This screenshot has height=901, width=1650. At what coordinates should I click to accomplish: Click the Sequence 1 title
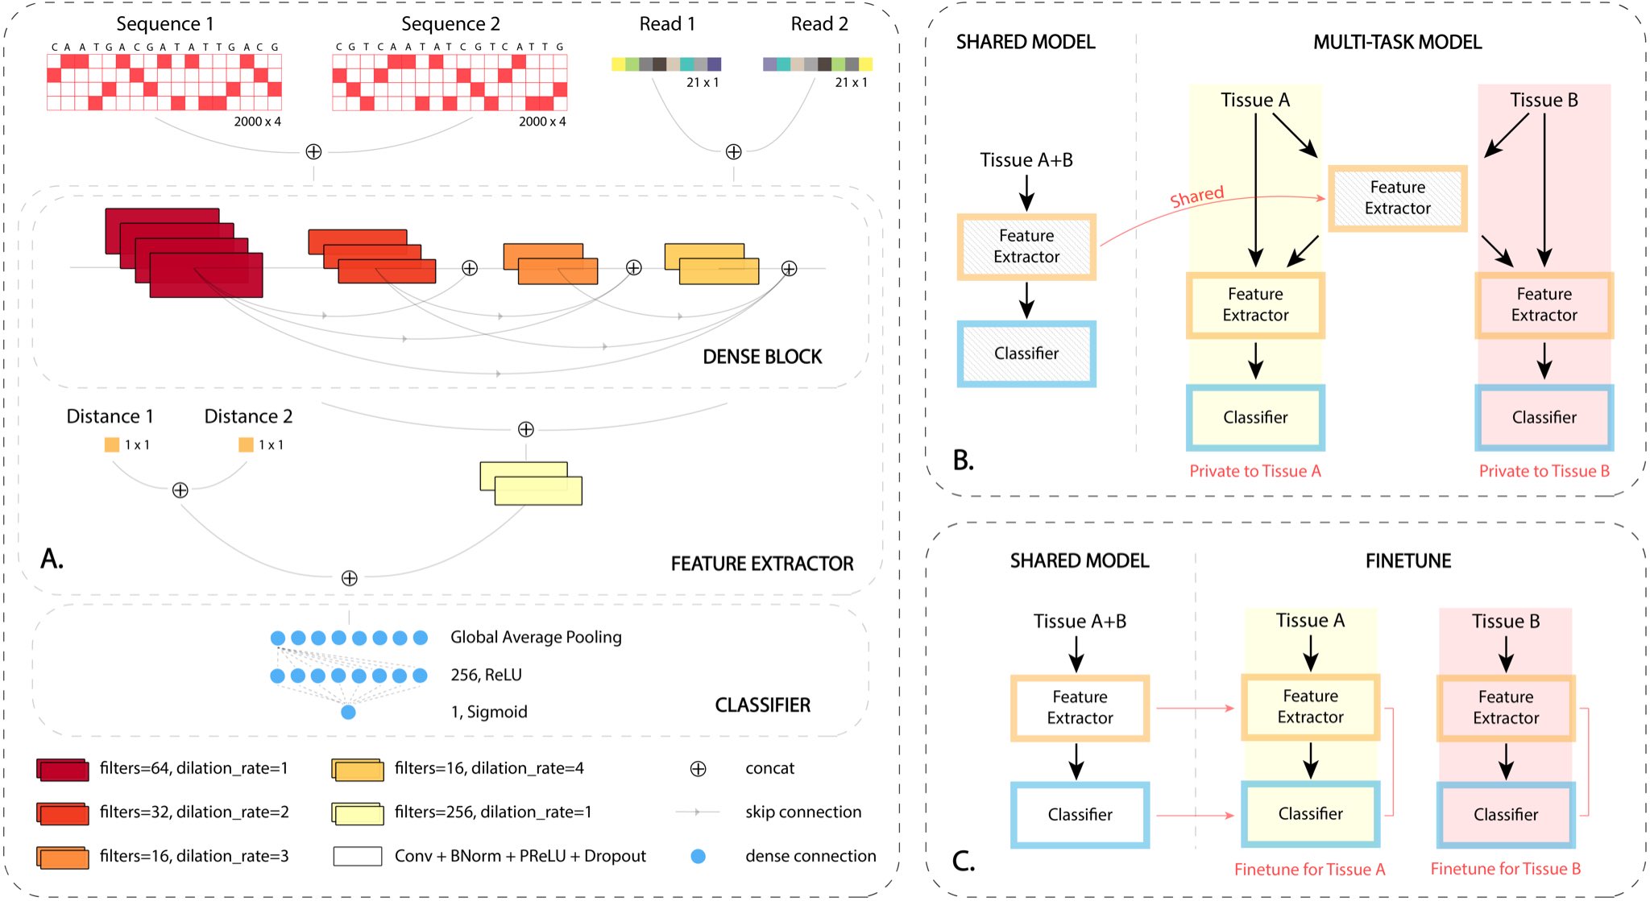[164, 24]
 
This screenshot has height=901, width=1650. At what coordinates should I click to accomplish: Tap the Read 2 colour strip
[817, 64]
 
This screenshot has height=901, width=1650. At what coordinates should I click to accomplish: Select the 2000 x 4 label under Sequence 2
[542, 122]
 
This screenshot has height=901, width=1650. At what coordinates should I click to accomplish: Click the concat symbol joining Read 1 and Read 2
[733, 151]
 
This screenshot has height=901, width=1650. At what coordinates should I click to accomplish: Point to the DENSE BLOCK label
[762, 357]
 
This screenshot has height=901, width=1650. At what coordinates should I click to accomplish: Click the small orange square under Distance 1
[112, 444]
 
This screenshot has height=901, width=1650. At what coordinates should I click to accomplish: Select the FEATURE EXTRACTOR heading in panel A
[762, 564]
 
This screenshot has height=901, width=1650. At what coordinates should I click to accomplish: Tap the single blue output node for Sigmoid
[348, 712]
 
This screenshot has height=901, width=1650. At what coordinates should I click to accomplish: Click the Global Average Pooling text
[536, 637]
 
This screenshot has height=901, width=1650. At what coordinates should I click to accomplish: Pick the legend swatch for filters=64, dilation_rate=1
[62, 770]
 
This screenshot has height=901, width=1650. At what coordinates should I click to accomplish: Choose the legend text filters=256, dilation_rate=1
[493, 812]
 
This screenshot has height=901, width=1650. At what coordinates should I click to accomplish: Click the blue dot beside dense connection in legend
[699, 856]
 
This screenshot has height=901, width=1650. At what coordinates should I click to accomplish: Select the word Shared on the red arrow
[1197, 196]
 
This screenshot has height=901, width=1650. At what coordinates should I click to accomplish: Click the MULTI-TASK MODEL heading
[1397, 43]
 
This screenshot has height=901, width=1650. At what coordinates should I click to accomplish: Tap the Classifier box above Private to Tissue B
[1544, 417]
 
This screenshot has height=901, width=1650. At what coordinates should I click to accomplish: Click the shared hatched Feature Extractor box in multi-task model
[1397, 198]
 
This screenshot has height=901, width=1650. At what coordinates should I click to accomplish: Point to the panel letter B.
[964, 460]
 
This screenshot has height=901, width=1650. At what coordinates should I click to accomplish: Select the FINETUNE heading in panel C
[1407, 561]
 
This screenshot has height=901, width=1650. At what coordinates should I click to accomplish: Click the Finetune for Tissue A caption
[1309, 870]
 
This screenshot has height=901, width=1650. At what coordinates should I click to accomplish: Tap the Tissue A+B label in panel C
[1080, 622]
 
